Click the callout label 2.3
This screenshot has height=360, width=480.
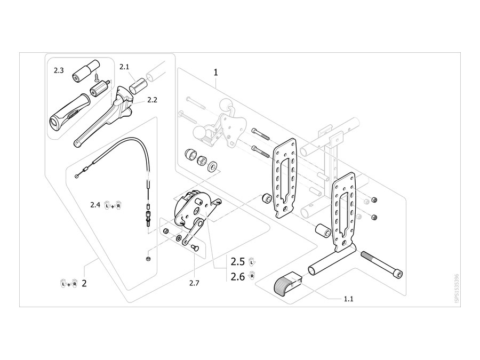pos(59,70)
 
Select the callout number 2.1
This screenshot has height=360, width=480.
pos(124,67)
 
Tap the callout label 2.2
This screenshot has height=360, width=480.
pos(152,100)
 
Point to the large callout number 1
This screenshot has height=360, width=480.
pos(216,73)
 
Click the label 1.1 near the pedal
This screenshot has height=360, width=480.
pos(348,299)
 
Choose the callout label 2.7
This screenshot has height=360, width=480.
pos(194,283)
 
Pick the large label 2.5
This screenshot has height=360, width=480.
pos(238,262)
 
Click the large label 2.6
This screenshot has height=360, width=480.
pos(238,277)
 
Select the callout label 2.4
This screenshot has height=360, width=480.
pos(95,205)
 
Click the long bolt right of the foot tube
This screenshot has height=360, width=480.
pos(382,265)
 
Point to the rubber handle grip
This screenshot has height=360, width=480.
pos(69,112)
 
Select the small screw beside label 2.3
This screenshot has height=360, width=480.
pos(97,76)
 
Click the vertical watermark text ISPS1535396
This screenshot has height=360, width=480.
pos(457,288)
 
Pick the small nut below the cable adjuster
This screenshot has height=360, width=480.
pos(148,259)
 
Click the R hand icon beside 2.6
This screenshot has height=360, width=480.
pos(252,276)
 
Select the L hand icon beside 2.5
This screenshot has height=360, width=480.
pos(252,262)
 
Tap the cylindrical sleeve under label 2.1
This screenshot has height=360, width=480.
pos(138,86)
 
